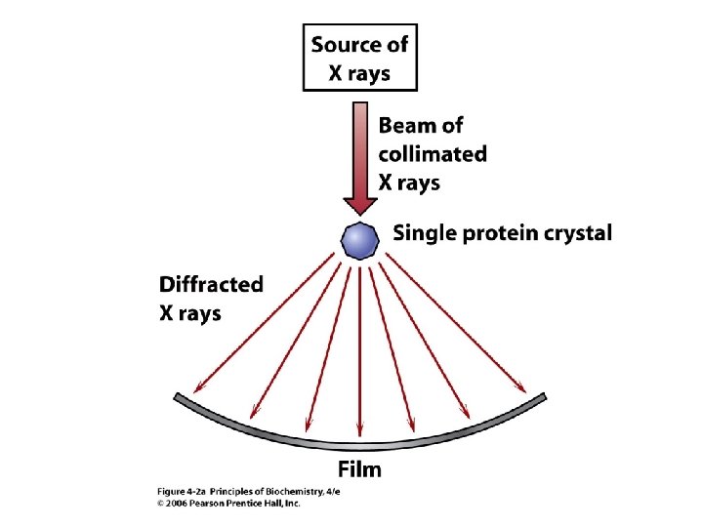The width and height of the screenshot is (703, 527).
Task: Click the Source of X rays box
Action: (360, 58)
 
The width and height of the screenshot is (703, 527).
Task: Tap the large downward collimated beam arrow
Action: (360, 156)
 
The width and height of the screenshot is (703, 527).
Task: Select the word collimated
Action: (433, 153)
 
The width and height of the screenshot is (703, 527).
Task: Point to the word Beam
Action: (407, 126)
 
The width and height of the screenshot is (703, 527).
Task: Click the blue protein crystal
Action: (360, 238)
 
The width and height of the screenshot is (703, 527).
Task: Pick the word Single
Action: (425, 233)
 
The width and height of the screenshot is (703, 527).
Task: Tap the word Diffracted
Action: (211, 285)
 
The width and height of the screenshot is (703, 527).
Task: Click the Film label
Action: (360, 469)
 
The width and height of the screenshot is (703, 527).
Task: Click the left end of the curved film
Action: (178, 397)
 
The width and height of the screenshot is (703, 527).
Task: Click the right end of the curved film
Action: (543, 397)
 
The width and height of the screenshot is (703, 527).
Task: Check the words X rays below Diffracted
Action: (190, 313)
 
